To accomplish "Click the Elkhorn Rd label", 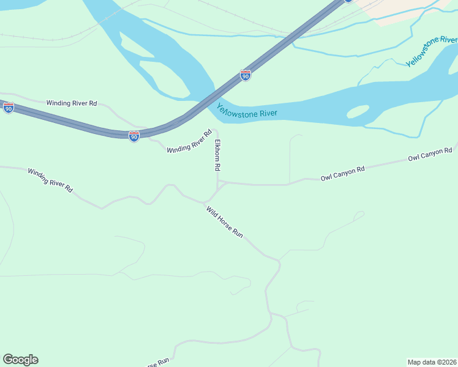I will click(217, 155).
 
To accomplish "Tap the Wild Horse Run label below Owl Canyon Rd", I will click(225, 222).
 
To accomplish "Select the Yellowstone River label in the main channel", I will click(247, 111).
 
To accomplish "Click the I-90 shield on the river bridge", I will click(246, 76).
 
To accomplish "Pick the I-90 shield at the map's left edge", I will click(9, 108).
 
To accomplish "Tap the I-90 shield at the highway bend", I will click(134, 136).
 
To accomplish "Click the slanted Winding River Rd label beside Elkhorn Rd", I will click(189, 141).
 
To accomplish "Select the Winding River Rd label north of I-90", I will click(72, 103).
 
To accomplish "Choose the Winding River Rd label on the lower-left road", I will click(50, 180).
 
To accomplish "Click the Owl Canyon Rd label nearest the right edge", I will click(430, 154).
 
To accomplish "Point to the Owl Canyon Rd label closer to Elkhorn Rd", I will click(342, 173).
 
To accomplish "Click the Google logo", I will click(20, 360).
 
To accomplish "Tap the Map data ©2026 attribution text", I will click(432, 361).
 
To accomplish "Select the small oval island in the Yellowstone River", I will click(358, 112).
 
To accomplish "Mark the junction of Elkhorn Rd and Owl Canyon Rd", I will click(219, 182).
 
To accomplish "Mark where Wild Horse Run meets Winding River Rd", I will click(204, 202).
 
